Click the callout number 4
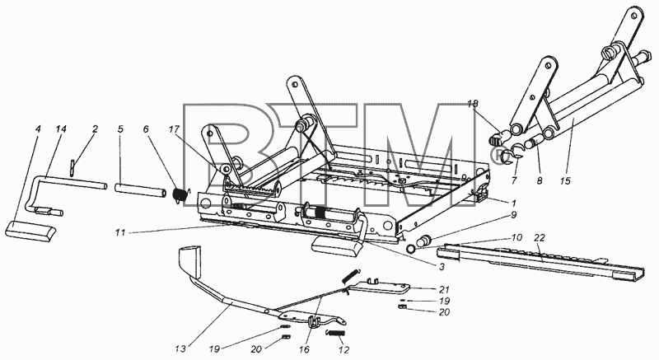pyautogui.click(x=38, y=129)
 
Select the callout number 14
pyautogui.click(x=60, y=129)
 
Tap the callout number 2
pyautogui.click(x=95, y=129)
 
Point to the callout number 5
pyautogui.click(x=120, y=129)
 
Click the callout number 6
pyautogui.click(x=146, y=129)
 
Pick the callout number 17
pyautogui.click(x=174, y=129)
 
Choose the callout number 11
pyautogui.click(x=120, y=232)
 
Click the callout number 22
pyautogui.click(x=540, y=238)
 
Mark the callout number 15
pyautogui.click(x=566, y=181)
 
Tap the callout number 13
pyautogui.click(x=180, y=349)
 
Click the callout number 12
pyautogui.click(x=344, y=350)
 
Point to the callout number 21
pyautogui.click(x=444, y=289)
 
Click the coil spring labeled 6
pyautogui.click(x=180, y=196)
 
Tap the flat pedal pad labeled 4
pyautogui.click(x=30, y=231)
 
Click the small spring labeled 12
pyautogui.click(x=335, y=334)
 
